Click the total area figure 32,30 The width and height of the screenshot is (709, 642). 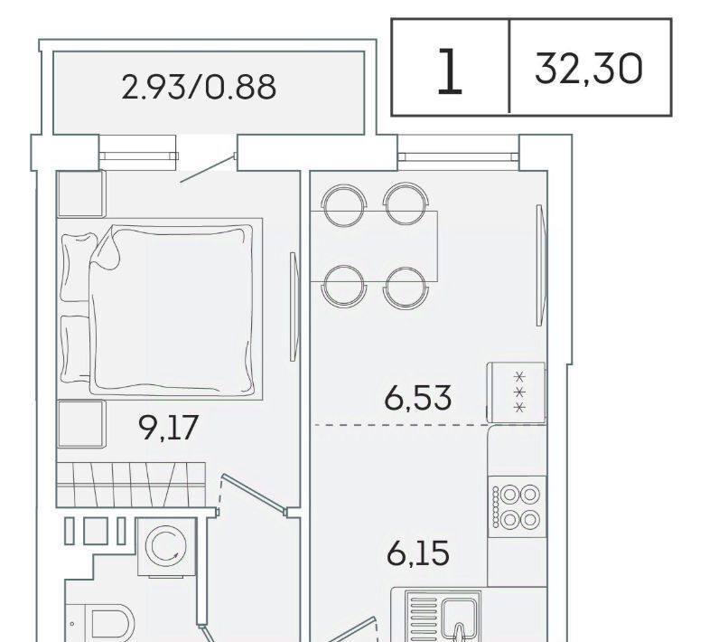click(588, 69)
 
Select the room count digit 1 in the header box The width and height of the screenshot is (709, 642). click(450, 71)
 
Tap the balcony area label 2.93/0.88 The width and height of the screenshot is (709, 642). click(199, 87)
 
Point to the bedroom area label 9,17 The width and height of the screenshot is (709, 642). click(168, 428)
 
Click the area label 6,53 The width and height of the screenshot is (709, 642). click(418, 398)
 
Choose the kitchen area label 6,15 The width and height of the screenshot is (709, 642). click(418, 553)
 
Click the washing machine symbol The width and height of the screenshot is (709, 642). click(166, 547)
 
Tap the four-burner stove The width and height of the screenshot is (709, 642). click(518, 506)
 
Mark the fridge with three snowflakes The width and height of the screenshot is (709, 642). click(516, 392)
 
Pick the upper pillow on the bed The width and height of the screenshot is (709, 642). click(79, 267)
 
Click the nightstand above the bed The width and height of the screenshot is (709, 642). click(81, 194)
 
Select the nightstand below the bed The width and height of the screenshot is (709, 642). click(81, 424)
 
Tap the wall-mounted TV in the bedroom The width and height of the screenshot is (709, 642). click(294, 307)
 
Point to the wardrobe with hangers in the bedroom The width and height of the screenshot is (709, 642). click(131, 484)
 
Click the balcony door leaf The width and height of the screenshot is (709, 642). click(209, 168)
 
